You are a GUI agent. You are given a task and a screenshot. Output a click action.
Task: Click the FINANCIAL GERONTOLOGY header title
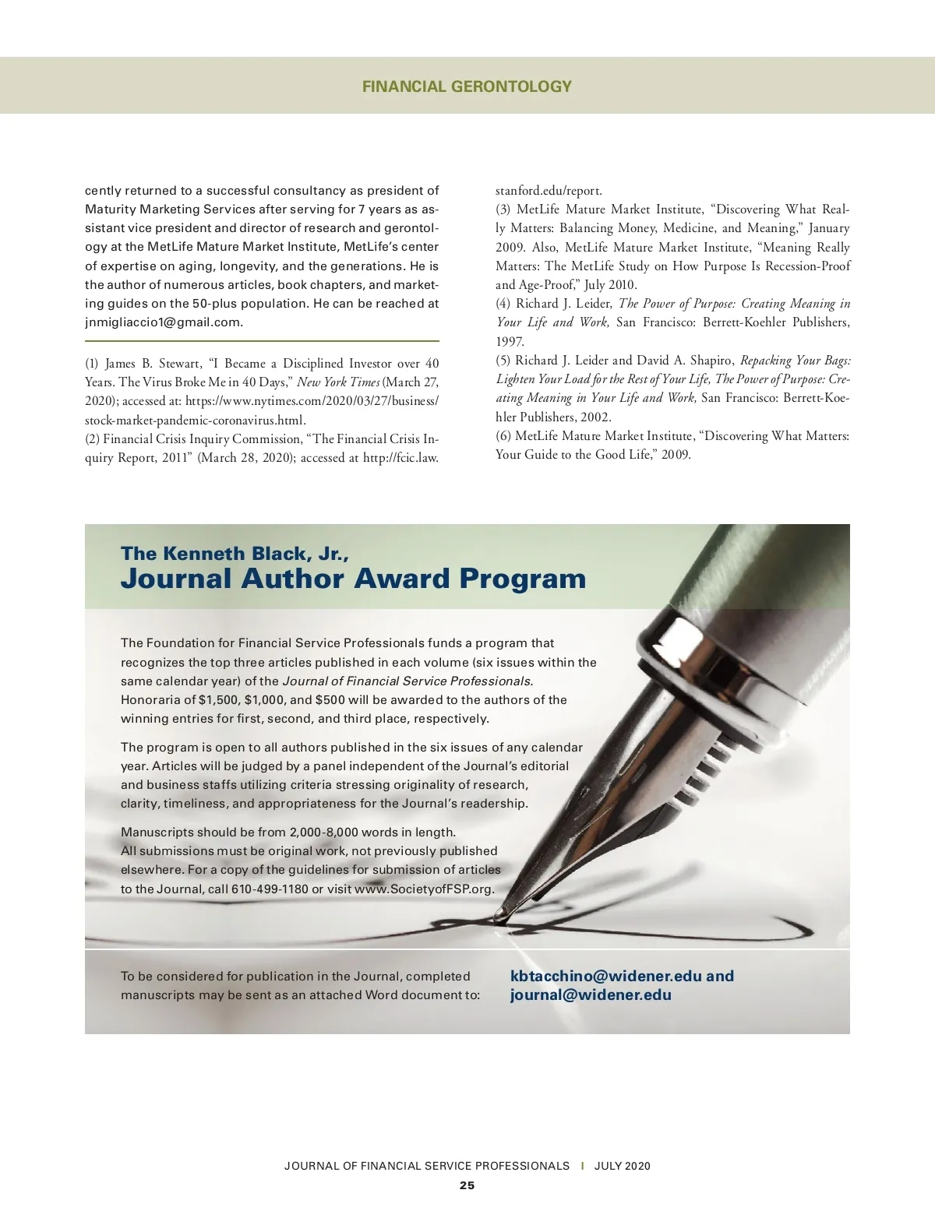pyautogui.click(x=467, y=86)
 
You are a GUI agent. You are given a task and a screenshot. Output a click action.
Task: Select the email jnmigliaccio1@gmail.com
pyautogui.click(x=164, y=322)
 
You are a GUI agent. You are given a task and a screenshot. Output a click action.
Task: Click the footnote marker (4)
pyautogui.click(x=503, y=304)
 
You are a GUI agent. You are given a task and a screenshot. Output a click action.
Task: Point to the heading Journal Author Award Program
pyautogui.click(x=353, y=579)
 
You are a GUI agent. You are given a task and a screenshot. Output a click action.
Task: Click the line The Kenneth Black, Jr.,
pyautogui.click(x=235, y=554)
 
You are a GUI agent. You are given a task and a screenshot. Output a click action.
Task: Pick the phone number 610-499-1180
pyautogui.click(x=270, y=889)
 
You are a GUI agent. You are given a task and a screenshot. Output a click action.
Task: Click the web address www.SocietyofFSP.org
pyautogui.click(x=424, y=889)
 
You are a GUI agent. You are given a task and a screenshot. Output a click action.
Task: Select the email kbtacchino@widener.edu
pyautogui.click(x=606, y=976)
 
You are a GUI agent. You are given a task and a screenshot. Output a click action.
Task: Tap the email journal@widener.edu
pyautogui.click(x=591, y=994)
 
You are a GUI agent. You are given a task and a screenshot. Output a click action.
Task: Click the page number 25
pyautogui.click(x=467, y=1185)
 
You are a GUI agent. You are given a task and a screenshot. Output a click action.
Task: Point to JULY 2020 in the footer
pyautogui.click(x=622, y=1166)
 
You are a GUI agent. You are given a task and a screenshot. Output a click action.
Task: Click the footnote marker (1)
pyautogui.click(x=93, y=364)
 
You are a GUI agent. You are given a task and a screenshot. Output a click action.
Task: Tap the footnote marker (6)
pyautogui.click(x=503, y=436)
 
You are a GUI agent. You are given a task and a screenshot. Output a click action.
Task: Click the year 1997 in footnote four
pyautogui.click(x=510, y=342)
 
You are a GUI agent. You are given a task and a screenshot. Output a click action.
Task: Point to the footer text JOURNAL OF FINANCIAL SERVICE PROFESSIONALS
pyautogui.click(x=427, y=1166)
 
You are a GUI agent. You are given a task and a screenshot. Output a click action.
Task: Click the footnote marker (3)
pyautogui.click(x=503, y=209)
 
